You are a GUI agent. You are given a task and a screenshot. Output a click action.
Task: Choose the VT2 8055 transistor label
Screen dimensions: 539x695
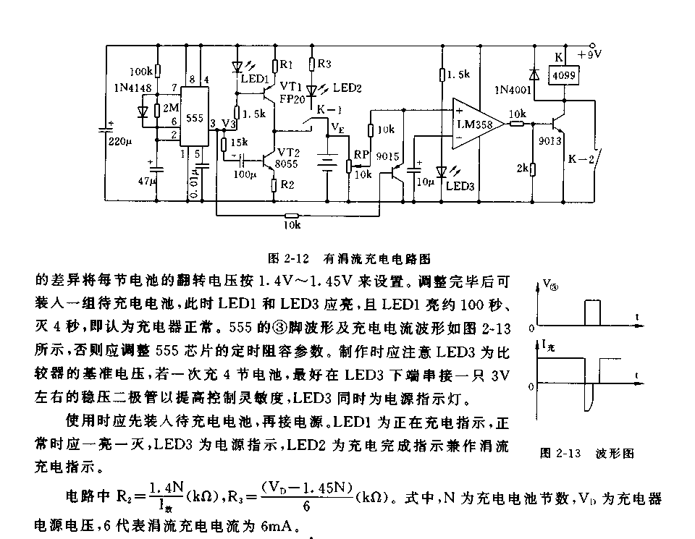click(x=290, y=158)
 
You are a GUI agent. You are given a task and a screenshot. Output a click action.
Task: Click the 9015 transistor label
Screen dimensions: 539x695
click(x=389, y=155)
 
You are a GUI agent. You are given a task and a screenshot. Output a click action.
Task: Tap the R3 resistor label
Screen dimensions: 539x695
click(x=325, y=64)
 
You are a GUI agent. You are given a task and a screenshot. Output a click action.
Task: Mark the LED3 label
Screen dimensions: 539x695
click(x=460, y=186)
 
